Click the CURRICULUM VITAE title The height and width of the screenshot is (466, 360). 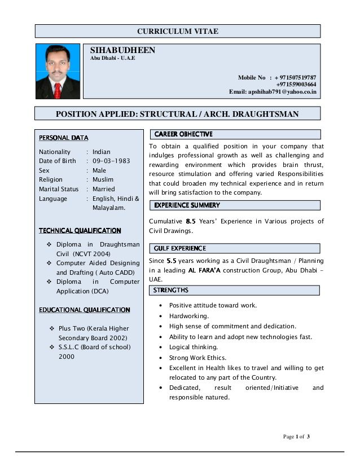pos(178,32)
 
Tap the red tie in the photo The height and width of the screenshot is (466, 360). pos(58,89)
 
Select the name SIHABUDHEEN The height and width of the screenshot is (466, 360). pos(122,50)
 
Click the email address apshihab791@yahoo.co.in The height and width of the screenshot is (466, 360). pos(273,91)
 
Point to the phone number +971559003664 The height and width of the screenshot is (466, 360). pos(296,84)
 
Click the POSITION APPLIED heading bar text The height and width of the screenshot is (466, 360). pos(177,114)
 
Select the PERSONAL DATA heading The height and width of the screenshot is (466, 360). pos(63,138)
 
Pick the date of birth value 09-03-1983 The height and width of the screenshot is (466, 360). pos(111,161)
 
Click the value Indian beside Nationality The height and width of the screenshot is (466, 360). pos(102,152)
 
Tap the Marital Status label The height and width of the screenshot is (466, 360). pos(59,189)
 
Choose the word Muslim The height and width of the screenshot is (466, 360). pos(103,179)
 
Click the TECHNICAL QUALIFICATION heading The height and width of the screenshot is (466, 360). pos(80,230)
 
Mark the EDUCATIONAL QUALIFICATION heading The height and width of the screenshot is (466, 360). pos(84,310)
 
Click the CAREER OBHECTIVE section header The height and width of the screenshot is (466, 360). pos(183,134)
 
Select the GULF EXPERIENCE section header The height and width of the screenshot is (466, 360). pos(180,248)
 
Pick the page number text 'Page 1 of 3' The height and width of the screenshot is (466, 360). pos(296,437)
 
